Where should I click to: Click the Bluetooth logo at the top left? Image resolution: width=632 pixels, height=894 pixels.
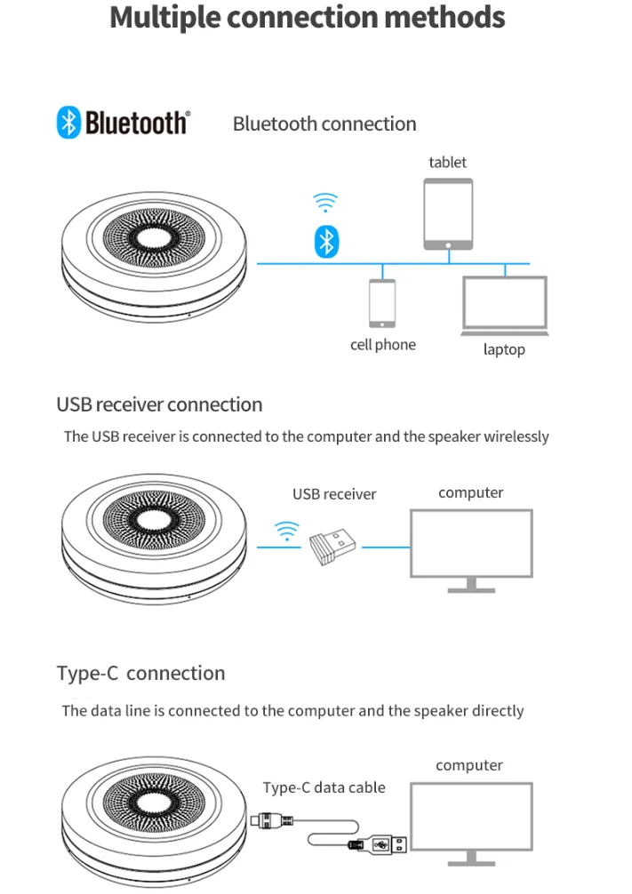click(x=123, y=123)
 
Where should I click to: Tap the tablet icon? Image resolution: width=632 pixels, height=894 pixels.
click(x=448, y=213)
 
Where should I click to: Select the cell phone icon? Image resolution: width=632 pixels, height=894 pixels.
click(x=382, y=303)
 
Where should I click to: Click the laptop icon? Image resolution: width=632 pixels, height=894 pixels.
click(x=504, y=306)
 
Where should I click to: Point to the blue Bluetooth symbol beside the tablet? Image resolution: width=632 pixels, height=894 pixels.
click(x=327, y=241)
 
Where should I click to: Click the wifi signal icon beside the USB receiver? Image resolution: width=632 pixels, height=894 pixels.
click(x=286, y=531)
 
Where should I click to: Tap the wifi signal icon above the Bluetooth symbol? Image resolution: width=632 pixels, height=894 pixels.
click(x=326, y=203)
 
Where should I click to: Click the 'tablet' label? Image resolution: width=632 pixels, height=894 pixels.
click(x=447, y=162)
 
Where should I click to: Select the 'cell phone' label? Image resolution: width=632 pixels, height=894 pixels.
click(x=382, y=344)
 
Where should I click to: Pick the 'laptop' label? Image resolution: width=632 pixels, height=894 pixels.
click(x=504, y=349)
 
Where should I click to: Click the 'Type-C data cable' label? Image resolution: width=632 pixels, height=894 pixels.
click(x=324, y=786)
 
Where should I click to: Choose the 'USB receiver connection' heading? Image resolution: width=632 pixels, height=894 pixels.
click(x=159, y=404)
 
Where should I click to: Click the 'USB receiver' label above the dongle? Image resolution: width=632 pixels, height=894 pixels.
click(x=334, y=494)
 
